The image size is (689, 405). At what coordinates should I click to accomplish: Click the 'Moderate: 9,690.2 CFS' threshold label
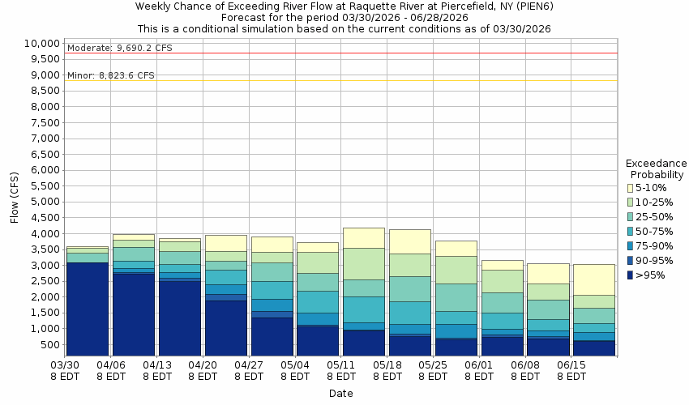120,48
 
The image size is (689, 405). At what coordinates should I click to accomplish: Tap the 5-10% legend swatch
630,188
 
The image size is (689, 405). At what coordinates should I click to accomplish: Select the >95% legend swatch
630,275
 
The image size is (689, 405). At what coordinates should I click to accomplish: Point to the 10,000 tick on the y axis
41,43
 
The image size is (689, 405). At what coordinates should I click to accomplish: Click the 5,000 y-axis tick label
45,202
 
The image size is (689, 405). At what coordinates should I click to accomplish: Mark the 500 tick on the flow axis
50,344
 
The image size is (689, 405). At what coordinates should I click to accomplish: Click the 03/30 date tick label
66,365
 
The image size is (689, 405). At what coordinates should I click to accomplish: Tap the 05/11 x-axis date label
342,365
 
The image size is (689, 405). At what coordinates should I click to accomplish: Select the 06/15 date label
572,365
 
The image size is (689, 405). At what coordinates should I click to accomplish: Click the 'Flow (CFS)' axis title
14,198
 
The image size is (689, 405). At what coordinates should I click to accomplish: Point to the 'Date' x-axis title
340,393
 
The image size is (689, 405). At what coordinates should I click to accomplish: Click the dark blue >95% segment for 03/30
87,308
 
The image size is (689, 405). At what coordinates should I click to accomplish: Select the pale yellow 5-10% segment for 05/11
363,237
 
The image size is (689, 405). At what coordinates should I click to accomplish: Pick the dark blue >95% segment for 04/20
225,328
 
